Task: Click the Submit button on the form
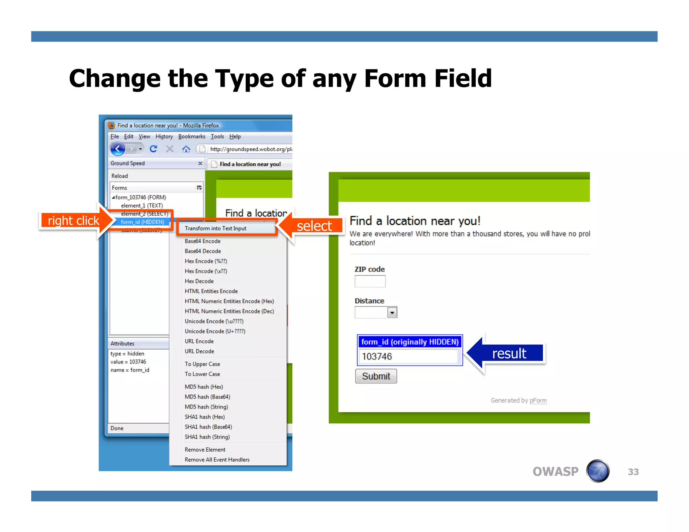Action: coord(376,376)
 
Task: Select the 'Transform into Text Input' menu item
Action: coord(215,228)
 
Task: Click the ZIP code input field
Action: coord(370,281)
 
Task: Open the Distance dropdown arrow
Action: coord(392,313)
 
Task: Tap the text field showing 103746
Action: coord(409,356)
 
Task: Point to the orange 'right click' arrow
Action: coord(76,221)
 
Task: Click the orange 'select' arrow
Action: coord(311,226)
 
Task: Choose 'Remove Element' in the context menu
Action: coord(205,450)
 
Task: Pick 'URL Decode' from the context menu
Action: coord(199,351)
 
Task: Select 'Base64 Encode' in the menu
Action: coord(203,241)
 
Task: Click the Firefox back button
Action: coord(118,149)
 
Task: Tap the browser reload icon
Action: coord(153,149)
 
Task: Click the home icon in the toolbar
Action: coord(186,149)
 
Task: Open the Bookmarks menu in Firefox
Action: coord(191,137)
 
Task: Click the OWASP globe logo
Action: coord(597,471)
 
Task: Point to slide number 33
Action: coord(633,472)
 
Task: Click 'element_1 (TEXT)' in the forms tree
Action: coord(142,205)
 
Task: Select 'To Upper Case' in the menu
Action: coord(202,364)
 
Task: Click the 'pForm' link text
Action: coord(538,401)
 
